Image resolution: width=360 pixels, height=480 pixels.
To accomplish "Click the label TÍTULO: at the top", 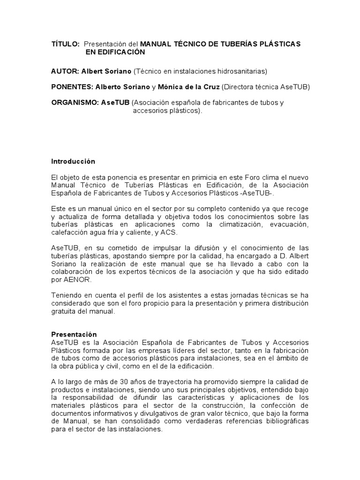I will [65, 44].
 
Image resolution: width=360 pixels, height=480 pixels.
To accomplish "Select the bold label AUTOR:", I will [65, 71].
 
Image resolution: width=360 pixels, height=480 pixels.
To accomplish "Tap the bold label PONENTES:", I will [72, 87].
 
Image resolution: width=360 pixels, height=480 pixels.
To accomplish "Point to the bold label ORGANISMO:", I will [75, 103].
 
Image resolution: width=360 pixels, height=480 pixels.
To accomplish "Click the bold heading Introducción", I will [73, 161].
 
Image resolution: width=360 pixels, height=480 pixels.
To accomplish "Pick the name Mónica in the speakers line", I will [172, 87].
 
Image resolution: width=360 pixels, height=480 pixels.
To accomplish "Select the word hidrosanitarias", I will [242, 71].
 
